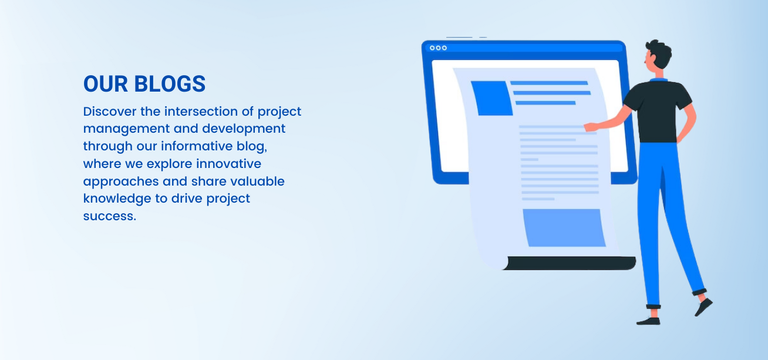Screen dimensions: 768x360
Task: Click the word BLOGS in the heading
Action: coord(170,84)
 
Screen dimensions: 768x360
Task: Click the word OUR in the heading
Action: coord(106,84)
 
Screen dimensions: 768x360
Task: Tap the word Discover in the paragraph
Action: coord(110,112)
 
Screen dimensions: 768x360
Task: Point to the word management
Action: coord(126,130)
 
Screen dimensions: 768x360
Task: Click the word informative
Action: coord(197,146)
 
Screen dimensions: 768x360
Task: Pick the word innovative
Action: coord(228,164)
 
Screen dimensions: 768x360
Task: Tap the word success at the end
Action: coord(110,217)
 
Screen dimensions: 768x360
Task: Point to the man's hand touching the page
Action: coord(591,127)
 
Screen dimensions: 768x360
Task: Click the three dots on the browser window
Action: coord(438,48)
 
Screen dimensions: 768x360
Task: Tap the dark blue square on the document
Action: coord(492,98)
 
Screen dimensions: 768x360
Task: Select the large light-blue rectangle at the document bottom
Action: coord(564,228)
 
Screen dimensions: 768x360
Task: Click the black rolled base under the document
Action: coord(569,263)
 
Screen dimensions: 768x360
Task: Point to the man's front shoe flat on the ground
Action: coord(648,322)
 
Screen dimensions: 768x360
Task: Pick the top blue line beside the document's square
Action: coord(549,83)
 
